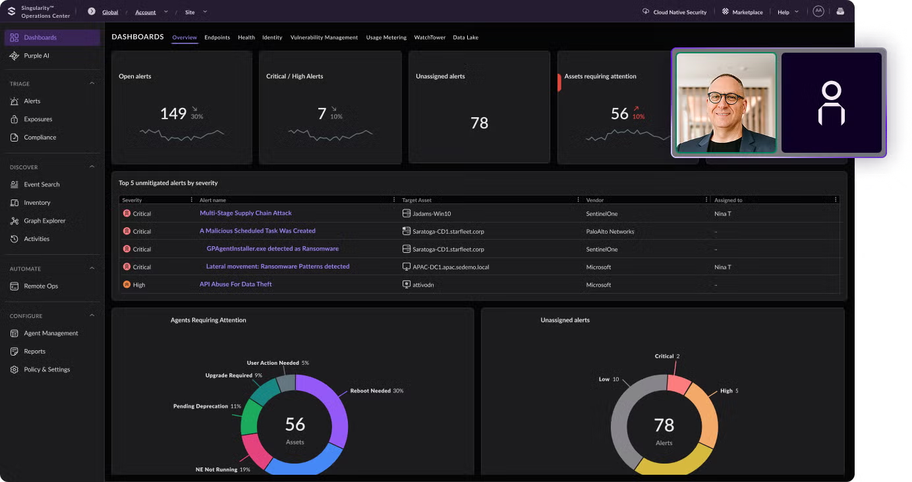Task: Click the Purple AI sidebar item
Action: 36,56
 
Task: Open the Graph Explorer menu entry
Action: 44,221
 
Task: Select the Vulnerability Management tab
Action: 324,38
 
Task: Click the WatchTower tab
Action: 430,38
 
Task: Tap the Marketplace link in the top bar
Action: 747,12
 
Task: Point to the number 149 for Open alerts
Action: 173,114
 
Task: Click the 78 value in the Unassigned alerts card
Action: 479,123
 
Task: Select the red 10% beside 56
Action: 639,117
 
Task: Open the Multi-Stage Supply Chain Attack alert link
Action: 245,213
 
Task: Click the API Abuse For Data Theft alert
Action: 235,284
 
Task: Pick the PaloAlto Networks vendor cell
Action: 610,232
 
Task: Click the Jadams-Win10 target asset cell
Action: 431,214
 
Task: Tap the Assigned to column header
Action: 728,200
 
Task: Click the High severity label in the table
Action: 138,285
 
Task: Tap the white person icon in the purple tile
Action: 831,104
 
